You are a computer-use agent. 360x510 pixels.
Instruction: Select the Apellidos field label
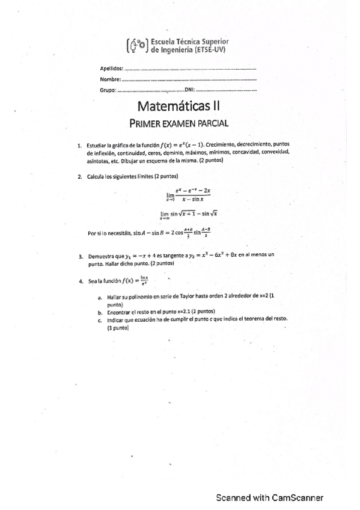point(111,70)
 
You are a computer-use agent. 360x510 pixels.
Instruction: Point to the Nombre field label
point(111,79)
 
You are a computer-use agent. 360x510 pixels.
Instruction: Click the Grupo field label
point(108,90)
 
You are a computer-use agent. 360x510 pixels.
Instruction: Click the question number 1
point(80,146)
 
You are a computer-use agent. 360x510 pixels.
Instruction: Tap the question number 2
point(80,177)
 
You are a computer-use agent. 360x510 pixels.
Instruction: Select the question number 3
point(80,257)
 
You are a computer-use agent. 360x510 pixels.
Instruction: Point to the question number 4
point(80,281)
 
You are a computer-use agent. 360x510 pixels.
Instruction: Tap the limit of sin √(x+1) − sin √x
point(188,214)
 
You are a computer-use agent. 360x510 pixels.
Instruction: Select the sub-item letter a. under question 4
point(99,298)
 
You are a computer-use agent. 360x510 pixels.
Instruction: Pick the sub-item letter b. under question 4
point(99,312)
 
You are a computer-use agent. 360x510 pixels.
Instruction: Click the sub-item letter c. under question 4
point(99,320)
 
